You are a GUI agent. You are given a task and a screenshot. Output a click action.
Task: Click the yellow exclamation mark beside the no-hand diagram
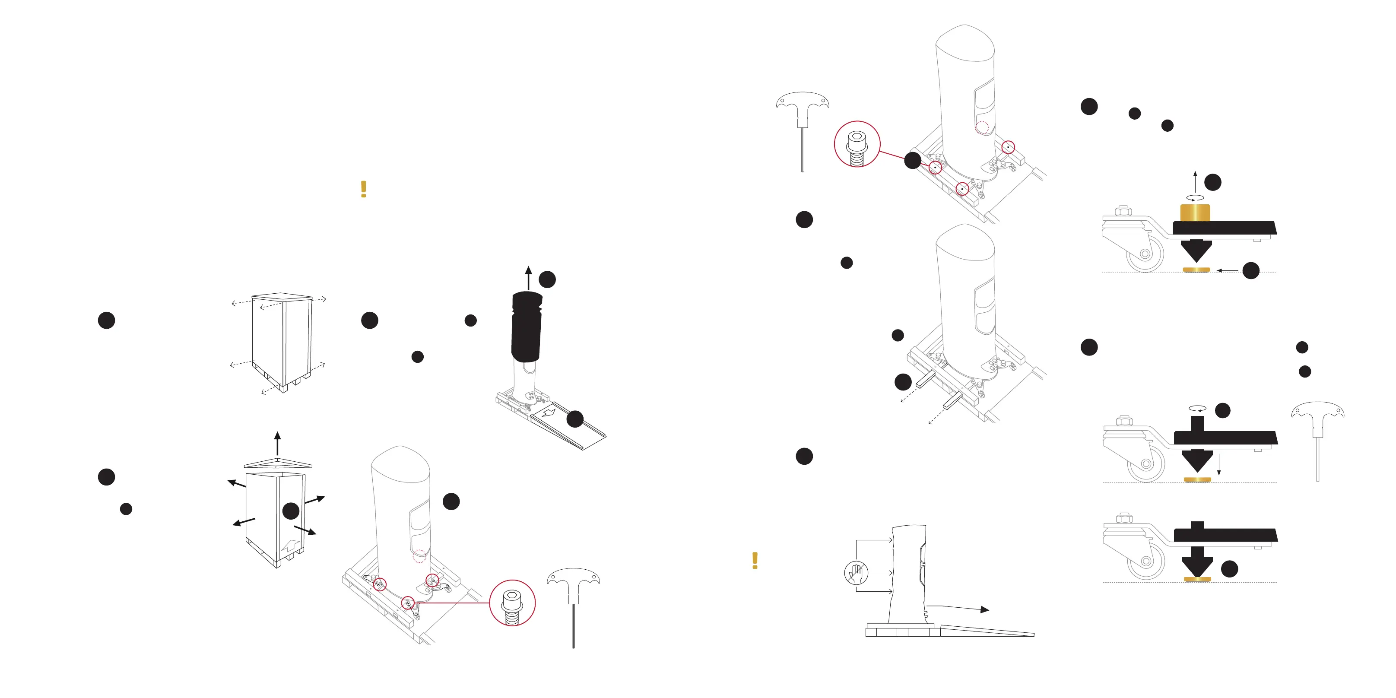(755, 560)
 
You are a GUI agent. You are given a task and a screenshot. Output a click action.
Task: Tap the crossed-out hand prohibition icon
(856, 573)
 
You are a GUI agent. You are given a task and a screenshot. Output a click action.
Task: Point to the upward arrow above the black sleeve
(528, 277)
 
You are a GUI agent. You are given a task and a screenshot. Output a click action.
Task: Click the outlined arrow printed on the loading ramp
(549, 412)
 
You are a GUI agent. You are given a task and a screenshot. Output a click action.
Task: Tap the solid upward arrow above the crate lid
(277, 443)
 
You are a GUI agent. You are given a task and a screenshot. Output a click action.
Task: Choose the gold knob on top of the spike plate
(1195, 212)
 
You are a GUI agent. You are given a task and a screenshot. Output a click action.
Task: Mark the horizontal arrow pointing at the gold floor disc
(1227, 270)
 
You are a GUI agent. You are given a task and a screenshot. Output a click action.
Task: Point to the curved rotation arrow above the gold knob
(1195, 198)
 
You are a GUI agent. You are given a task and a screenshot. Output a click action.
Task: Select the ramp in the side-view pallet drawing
(986, 631)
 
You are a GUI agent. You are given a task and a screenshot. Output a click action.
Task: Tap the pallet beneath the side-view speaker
(902, 631)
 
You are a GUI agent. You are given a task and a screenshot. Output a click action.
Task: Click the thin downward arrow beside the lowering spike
(1219, 465)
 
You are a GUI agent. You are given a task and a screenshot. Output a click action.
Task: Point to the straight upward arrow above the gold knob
(1195, 181)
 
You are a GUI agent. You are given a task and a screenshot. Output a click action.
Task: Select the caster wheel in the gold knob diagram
(1145, 254)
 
